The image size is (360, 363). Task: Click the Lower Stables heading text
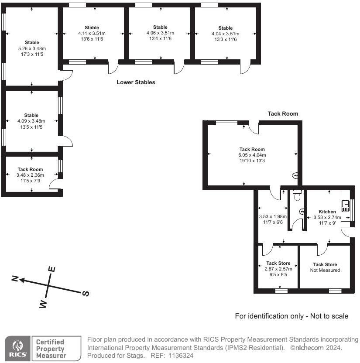(x=136, y=82)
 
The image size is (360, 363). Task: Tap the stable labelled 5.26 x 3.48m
(x=31, y=48)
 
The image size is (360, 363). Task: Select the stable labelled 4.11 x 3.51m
(x=92, y=33)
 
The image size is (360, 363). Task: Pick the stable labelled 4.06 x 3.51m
(x=160, y=33)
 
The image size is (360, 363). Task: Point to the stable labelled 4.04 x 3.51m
(x=225, y=33)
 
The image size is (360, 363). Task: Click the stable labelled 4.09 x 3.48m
(x=31, y=121)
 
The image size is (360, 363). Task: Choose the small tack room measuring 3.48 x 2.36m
(x=30, y=175)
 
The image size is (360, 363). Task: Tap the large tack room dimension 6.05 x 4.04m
(x=252, y=155)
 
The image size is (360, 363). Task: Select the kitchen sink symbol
(x=346, y=206)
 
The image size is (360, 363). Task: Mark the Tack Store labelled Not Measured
(x=325, y=267)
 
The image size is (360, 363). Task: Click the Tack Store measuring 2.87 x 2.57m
(x=278, y=269)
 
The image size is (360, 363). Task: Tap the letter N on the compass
(x=15, y=279)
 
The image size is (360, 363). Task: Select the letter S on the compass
(x=86, y=294)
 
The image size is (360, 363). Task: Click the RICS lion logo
(x=18, y=348)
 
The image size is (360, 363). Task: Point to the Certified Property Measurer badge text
(x=50, y=349)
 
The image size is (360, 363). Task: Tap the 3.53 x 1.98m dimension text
(x=273, y=216)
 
